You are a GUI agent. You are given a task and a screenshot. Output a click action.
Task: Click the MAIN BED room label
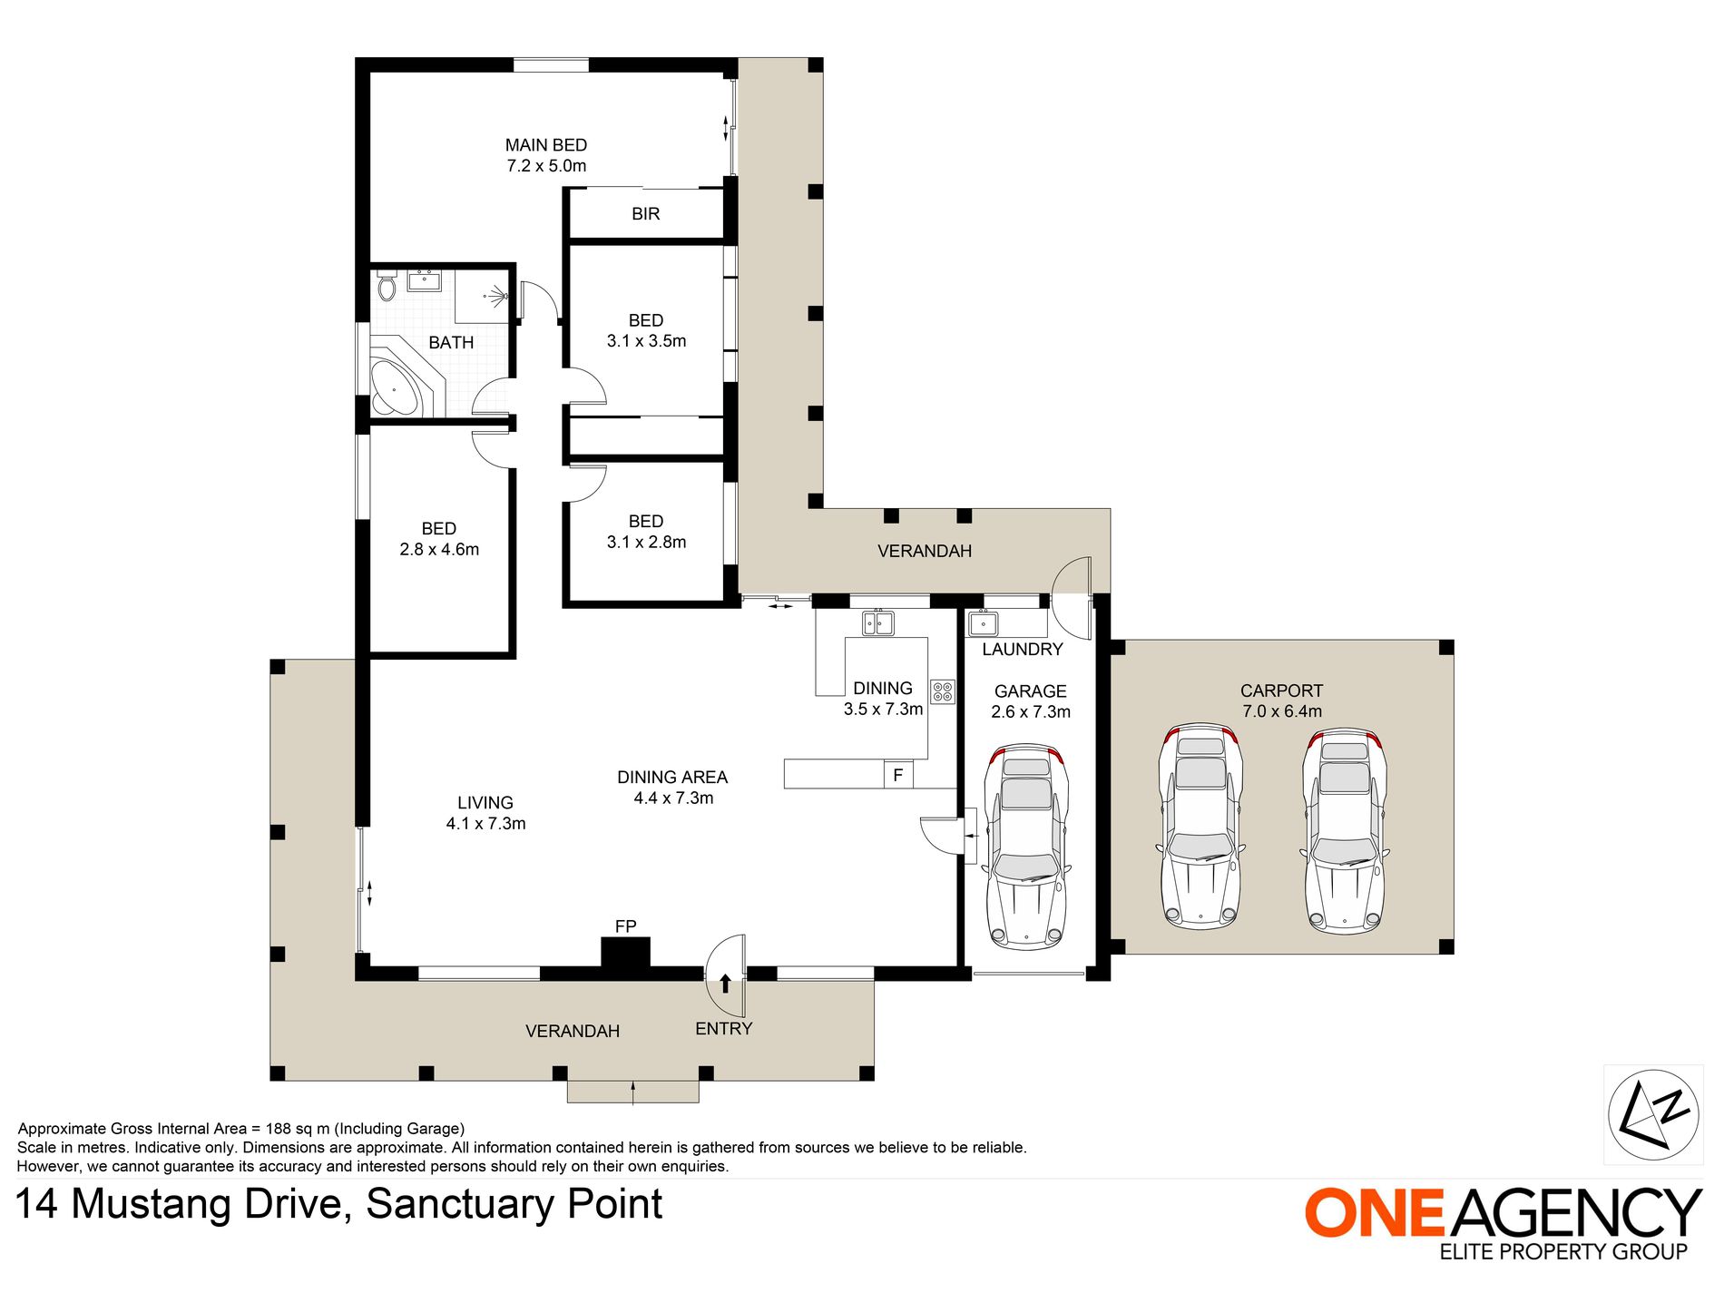pos(546,145)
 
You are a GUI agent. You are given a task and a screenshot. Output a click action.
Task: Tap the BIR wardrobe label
pos(646,214)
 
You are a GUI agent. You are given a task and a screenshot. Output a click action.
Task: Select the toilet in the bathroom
pos(387,284)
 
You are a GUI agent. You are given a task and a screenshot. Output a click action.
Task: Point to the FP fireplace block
pos(626,954)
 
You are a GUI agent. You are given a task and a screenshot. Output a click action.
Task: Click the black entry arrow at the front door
pos(725,984)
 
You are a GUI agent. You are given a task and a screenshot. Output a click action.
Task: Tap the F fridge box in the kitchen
pos(898,775)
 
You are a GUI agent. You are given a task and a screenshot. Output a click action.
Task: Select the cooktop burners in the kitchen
pos(943,692)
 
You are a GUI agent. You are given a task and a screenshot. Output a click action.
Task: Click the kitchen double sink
pos(878,622)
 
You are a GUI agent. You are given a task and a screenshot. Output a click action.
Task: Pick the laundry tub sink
pos(984,623)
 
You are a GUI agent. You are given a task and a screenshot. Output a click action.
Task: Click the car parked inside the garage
pos(1027,847)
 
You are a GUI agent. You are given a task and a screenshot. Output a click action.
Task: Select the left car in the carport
pos(1200,827)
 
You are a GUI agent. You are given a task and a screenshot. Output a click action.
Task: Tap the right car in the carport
pos(1345,830)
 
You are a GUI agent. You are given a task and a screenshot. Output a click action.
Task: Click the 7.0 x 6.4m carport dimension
pos(1282,711)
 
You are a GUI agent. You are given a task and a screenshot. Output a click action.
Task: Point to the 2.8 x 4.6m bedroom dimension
pos(439,549)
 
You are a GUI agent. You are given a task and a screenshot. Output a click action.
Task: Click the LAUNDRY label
pos(1023,650)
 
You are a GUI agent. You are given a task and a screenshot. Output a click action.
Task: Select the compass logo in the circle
pos(1653,1114)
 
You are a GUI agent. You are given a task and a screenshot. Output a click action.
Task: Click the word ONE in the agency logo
pos(1374,1212)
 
